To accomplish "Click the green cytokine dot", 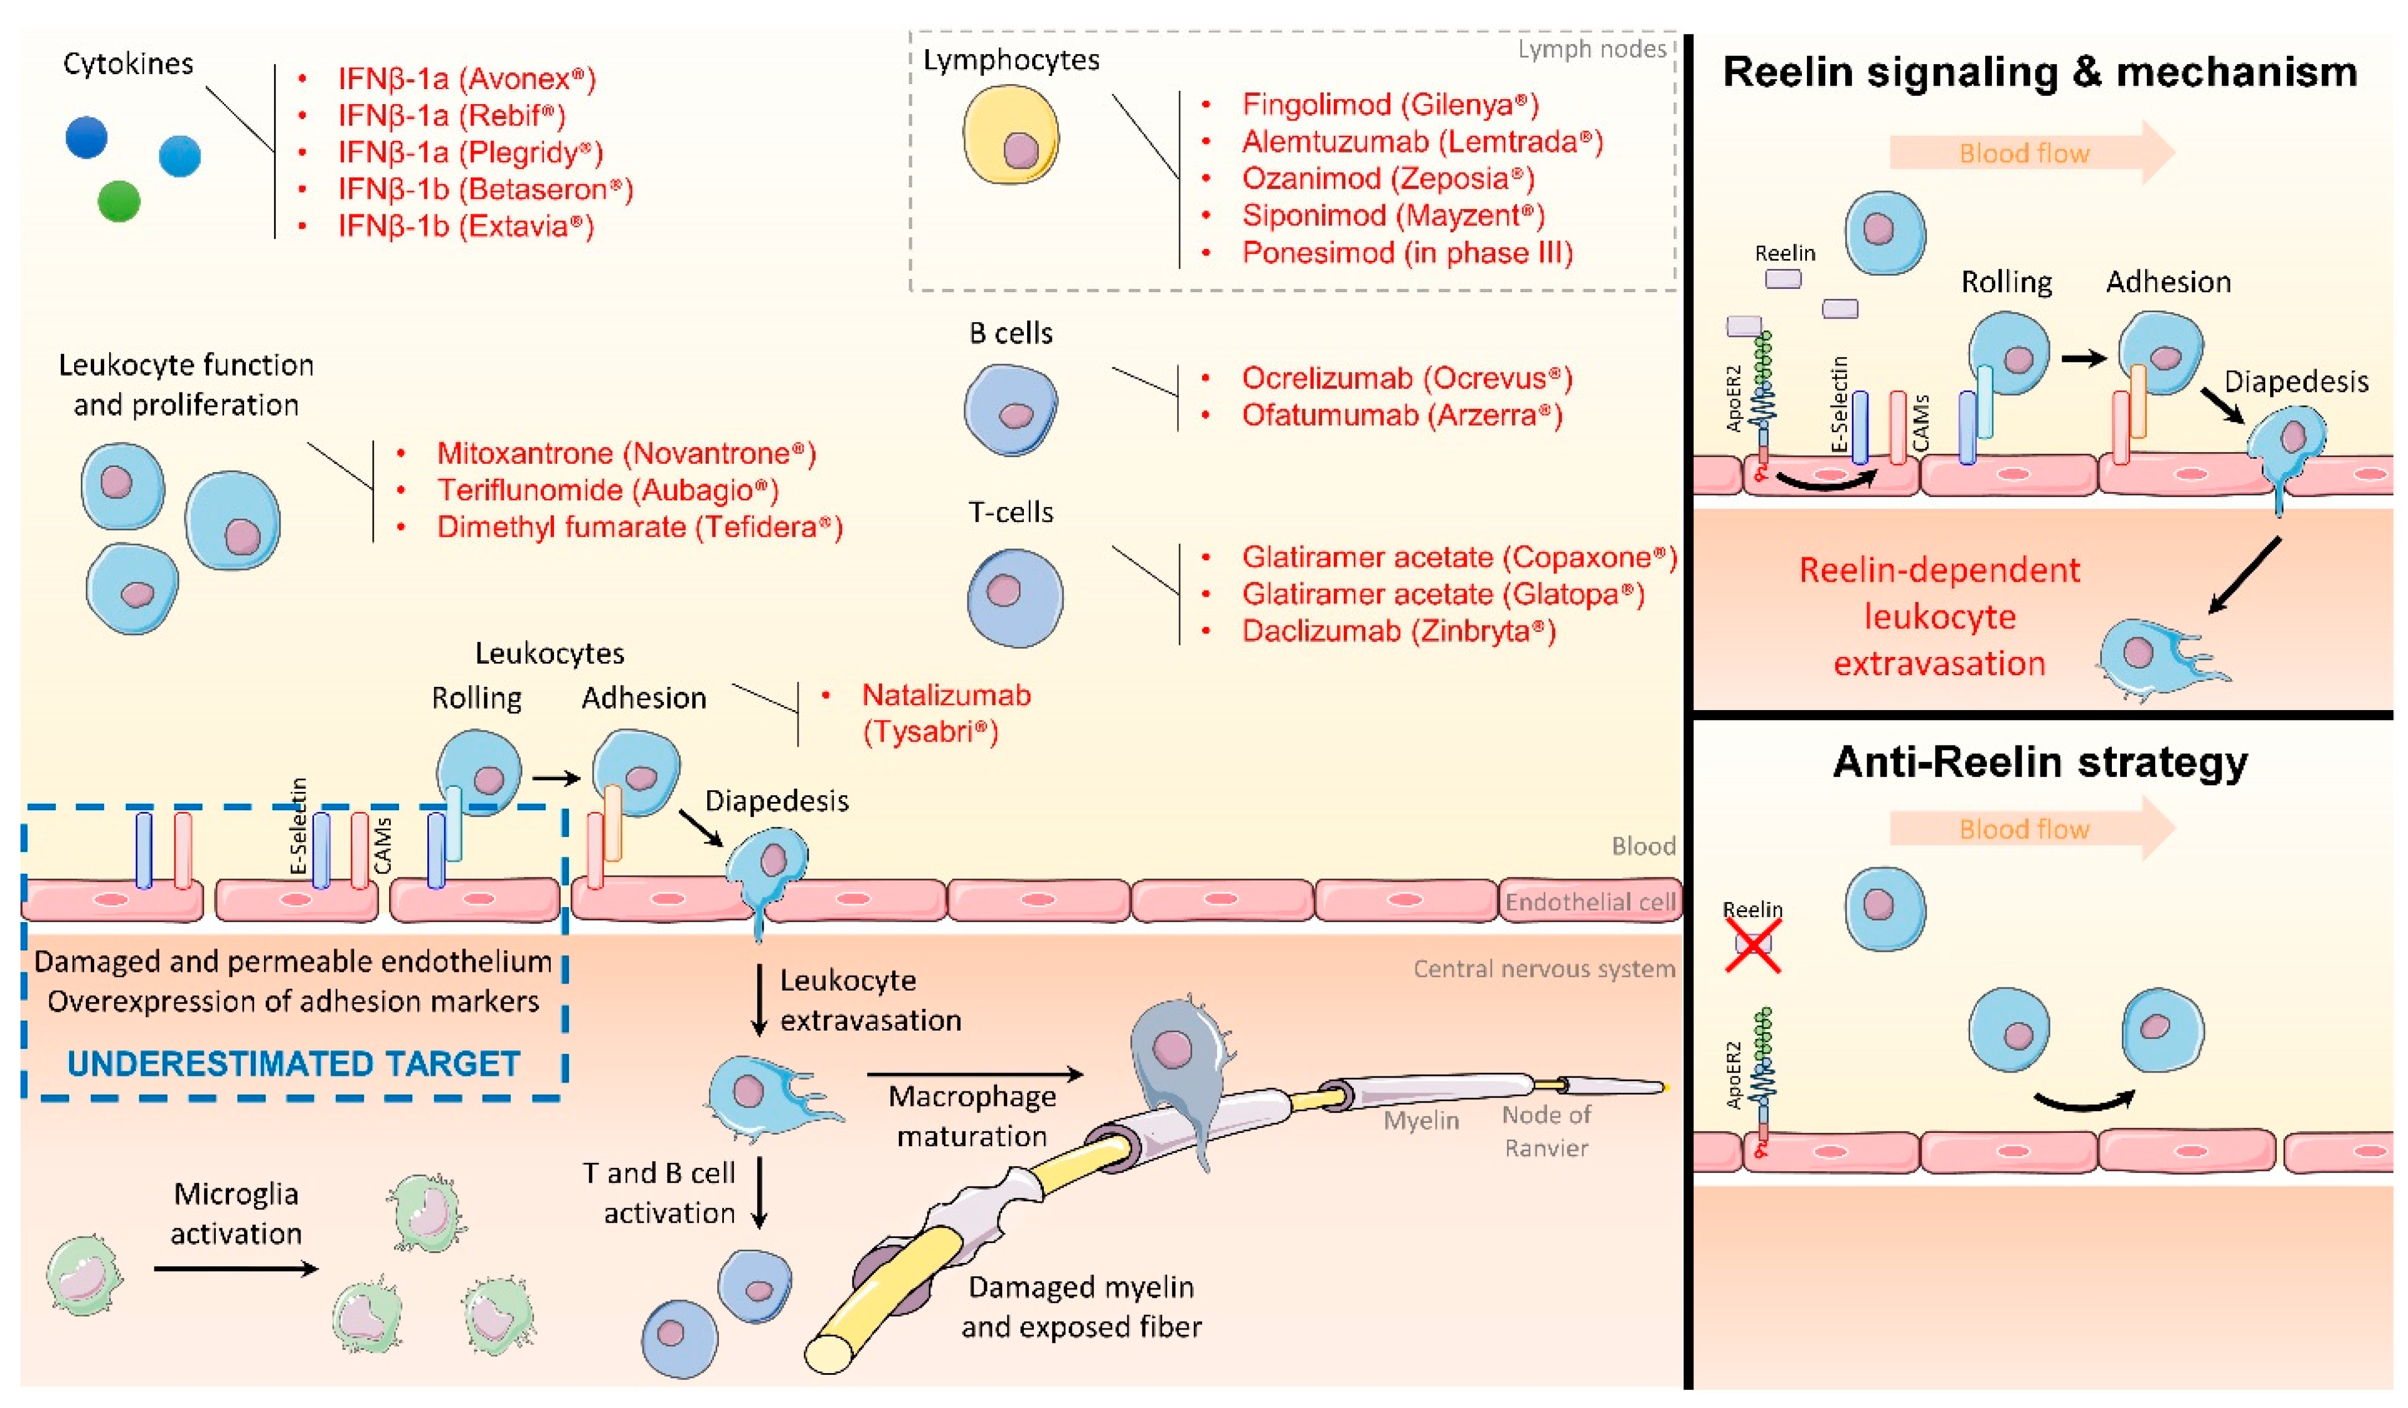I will (x=118, y=201).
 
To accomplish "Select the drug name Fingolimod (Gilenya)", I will (x=1389, y=104).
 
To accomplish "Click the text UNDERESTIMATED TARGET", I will (x=293, y=1063).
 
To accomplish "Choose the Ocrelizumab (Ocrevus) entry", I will (x=1406, y=379).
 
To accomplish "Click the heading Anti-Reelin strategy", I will (x=2039, y=762).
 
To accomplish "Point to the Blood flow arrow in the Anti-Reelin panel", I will (x=2031, y=828).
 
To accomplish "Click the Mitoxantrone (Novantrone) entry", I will (x=626, y=453).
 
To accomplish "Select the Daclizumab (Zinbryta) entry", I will (x=1398, y=631).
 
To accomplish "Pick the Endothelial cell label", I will (x=1589, y=902).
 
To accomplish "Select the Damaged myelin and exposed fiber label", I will (x=1081, y=1307).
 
